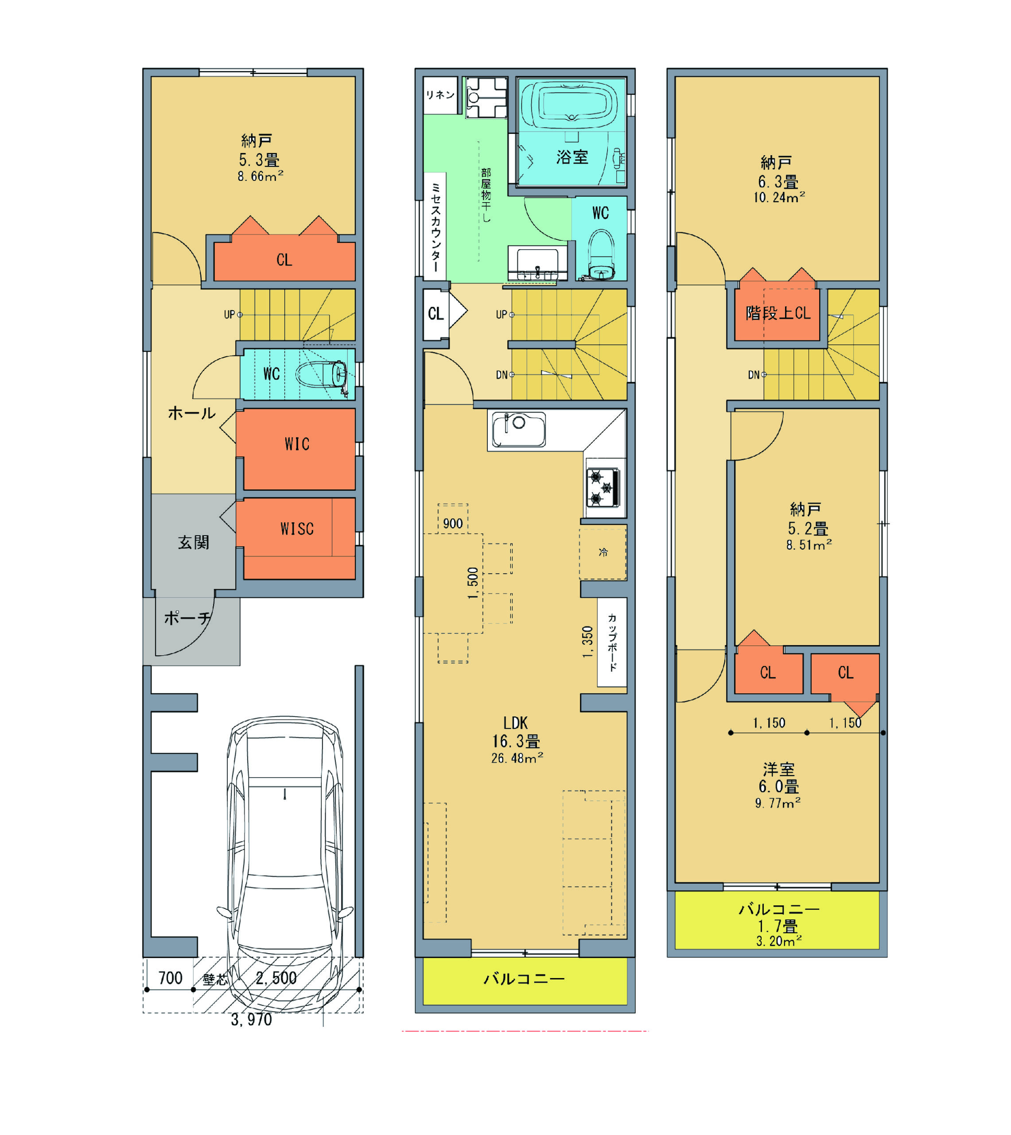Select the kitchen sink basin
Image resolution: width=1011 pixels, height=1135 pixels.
click(519, 429)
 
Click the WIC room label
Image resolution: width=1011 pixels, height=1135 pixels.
click(297, 444)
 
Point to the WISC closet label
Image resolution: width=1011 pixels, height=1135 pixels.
click(297, 528)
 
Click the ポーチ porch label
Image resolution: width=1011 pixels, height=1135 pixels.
click(188, 618)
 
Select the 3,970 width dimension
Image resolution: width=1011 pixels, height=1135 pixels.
click(252, 1020)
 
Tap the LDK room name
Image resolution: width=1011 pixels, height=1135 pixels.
click(516, 723)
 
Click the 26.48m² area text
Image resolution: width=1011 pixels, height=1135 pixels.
click(517, 758)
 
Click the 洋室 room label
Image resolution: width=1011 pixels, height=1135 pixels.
click(779, 769)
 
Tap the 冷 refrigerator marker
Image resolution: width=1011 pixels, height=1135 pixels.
click(603, 552)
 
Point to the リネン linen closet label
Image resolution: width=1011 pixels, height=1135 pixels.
click(440, 95)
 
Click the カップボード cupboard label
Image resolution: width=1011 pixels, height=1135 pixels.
click(612, 642)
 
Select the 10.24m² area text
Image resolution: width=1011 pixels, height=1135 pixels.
click(779, 197)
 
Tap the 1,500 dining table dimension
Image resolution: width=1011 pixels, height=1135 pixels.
click(473, 583)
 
